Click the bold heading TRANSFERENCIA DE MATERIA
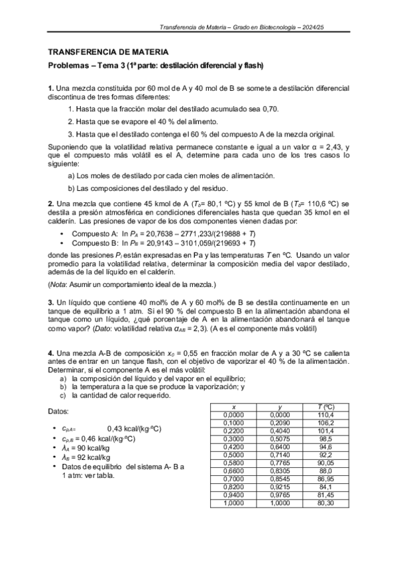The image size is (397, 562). [108, 52]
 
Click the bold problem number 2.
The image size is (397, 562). [50, 203]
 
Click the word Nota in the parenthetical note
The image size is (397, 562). [59, 285]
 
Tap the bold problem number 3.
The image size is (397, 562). [50, 302]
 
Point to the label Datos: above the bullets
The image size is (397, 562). [59, 412]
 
